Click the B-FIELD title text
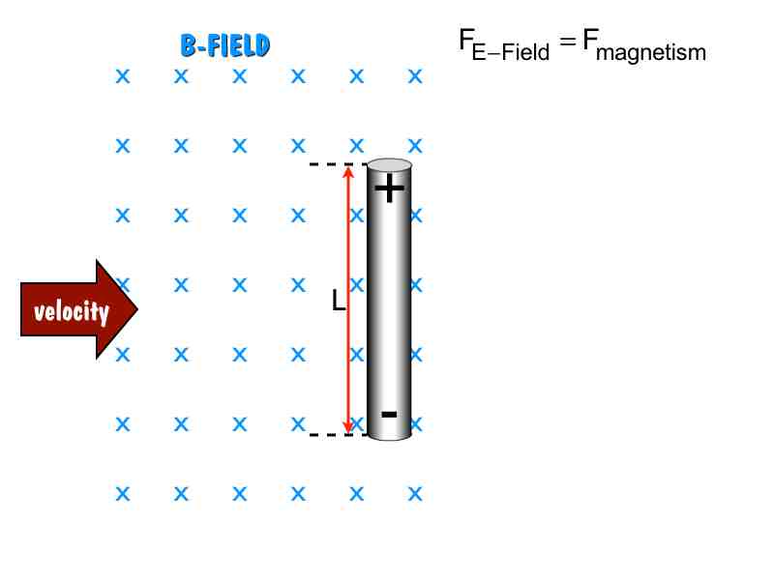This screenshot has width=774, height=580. pos(224,45)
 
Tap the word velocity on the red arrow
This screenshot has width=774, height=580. pos(72,311)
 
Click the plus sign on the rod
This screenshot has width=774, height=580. pos(389,188)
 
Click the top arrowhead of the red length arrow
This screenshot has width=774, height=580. pos(348,172)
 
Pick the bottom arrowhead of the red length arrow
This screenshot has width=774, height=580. pos(348,427)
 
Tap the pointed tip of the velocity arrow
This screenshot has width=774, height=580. pos(137,309)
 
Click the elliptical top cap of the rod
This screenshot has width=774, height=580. pos(390,164)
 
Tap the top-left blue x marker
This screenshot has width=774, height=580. pos(123,75)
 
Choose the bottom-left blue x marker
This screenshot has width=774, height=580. pos(123,494)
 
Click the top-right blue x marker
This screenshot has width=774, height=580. pos(415,75)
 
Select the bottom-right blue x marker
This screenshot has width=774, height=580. pos(415,494)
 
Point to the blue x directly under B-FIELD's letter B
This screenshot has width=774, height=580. pos(181,75)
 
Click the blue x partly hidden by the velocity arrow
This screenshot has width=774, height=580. pos(123,284)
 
